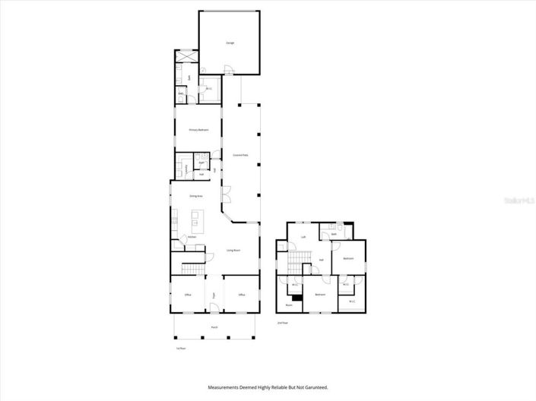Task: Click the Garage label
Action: coord(230,43)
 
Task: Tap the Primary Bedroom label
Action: coord(198,130)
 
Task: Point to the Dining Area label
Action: coord(195,196)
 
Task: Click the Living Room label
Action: coord(233,250)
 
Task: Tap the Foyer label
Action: coord(214,295)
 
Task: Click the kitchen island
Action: coord(198,222)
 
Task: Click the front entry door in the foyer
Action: coord(214,309)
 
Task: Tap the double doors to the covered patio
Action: coord(226,194)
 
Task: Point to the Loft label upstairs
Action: coord(303,237)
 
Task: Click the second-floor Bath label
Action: coord(333,235)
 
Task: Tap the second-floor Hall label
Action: coord(322,260)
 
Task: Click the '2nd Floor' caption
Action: coord(283,323)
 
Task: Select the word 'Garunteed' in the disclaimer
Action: coord(313,387)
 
